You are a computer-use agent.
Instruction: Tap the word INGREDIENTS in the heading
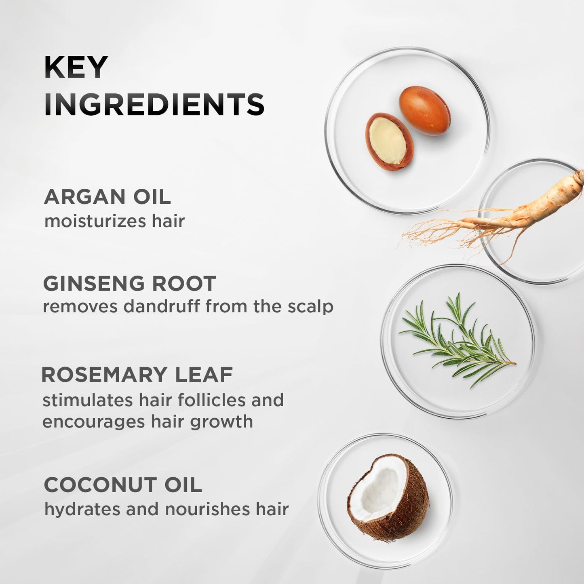point(154,104)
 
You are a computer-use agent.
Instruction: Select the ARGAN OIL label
point(107,197)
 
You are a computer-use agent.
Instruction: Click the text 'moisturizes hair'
point(114,221)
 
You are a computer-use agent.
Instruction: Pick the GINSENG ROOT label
point(129,283)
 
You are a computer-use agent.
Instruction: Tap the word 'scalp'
point(310,307)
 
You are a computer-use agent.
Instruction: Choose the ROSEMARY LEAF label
point(137,375)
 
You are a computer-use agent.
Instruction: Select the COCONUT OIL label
point(122,485)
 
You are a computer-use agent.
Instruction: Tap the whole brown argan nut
point(424,110)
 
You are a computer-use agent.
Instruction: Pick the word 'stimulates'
point(88,400)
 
